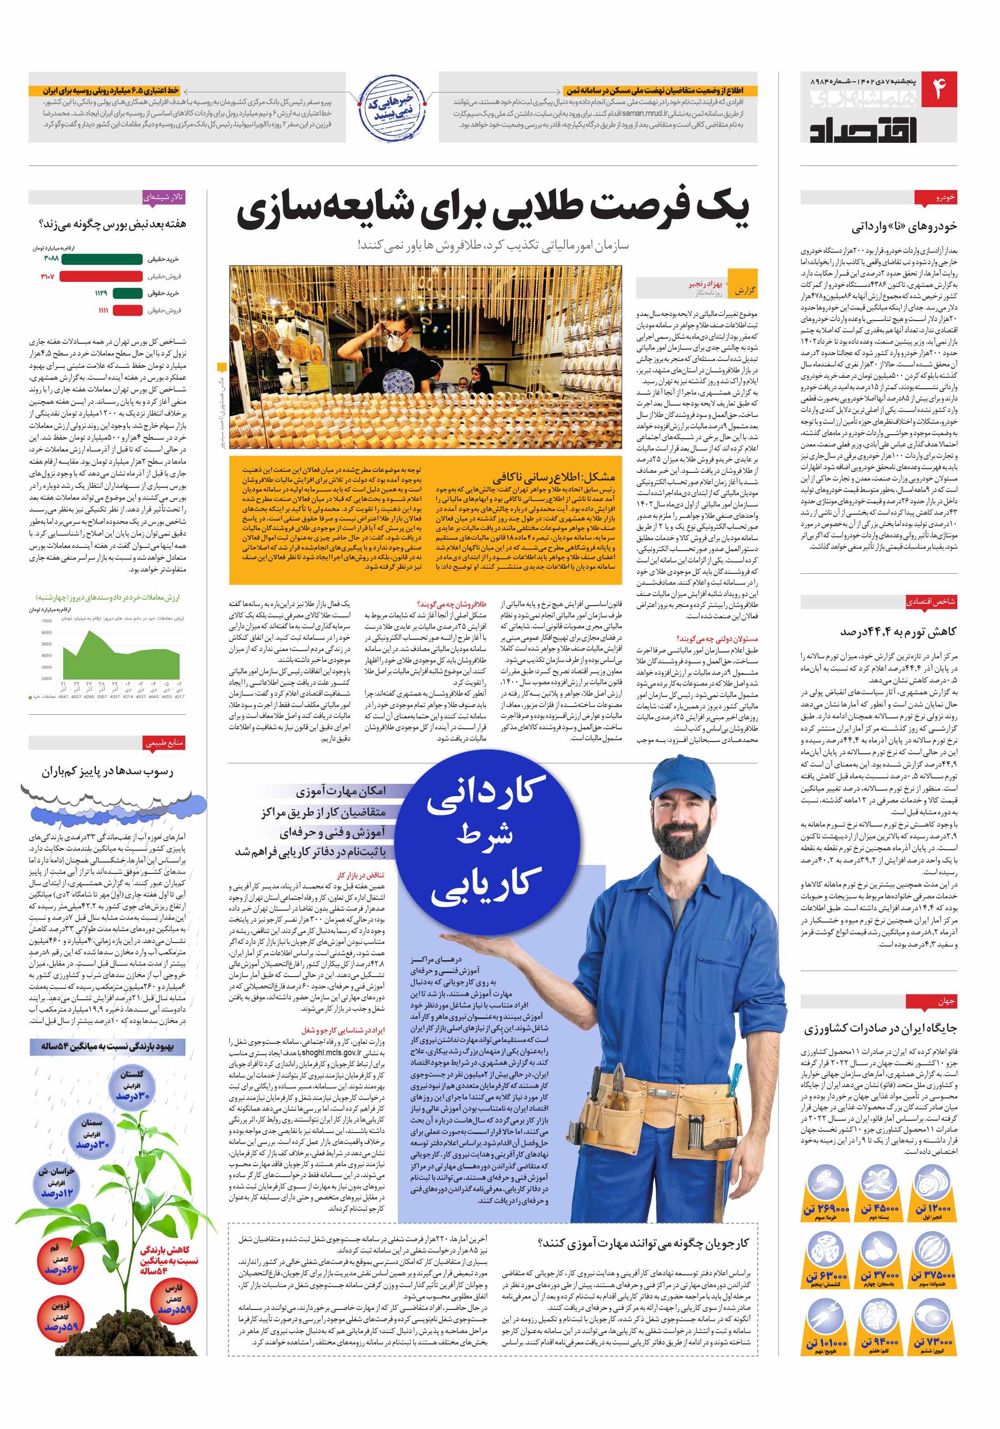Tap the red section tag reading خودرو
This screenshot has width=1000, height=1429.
(x=936, y=198)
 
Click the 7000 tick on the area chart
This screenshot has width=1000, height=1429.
(x=47, y=621)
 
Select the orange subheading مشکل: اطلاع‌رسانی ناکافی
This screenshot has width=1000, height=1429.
(x=553, y=477)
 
